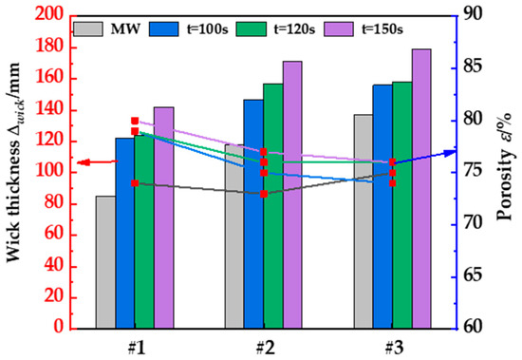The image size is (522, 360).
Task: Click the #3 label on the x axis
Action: pyautogui.click(x=391, y=348)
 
